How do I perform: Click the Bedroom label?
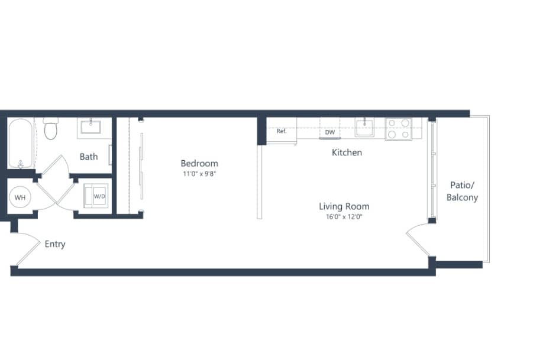click(199, 163)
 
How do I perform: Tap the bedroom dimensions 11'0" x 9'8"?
click(199, 174)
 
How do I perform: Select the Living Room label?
click(344, 206)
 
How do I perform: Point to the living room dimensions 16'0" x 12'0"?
click(344, 216)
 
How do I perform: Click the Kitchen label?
click(347, 153)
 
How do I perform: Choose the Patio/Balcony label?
click(462, 192)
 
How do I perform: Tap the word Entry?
click(55, 244)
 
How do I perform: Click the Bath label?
click(89, 157)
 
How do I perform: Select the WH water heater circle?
click(20, 197)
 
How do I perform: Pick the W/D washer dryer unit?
click(96, 196)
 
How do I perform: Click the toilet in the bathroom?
click(50, 128)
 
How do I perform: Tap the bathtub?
click(20, 143)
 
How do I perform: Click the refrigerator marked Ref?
click(282, 131)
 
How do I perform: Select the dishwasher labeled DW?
click(330, 131)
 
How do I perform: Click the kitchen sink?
click(364, 127)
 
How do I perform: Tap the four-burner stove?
click(399, 129)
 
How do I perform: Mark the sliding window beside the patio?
click(431, 171)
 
